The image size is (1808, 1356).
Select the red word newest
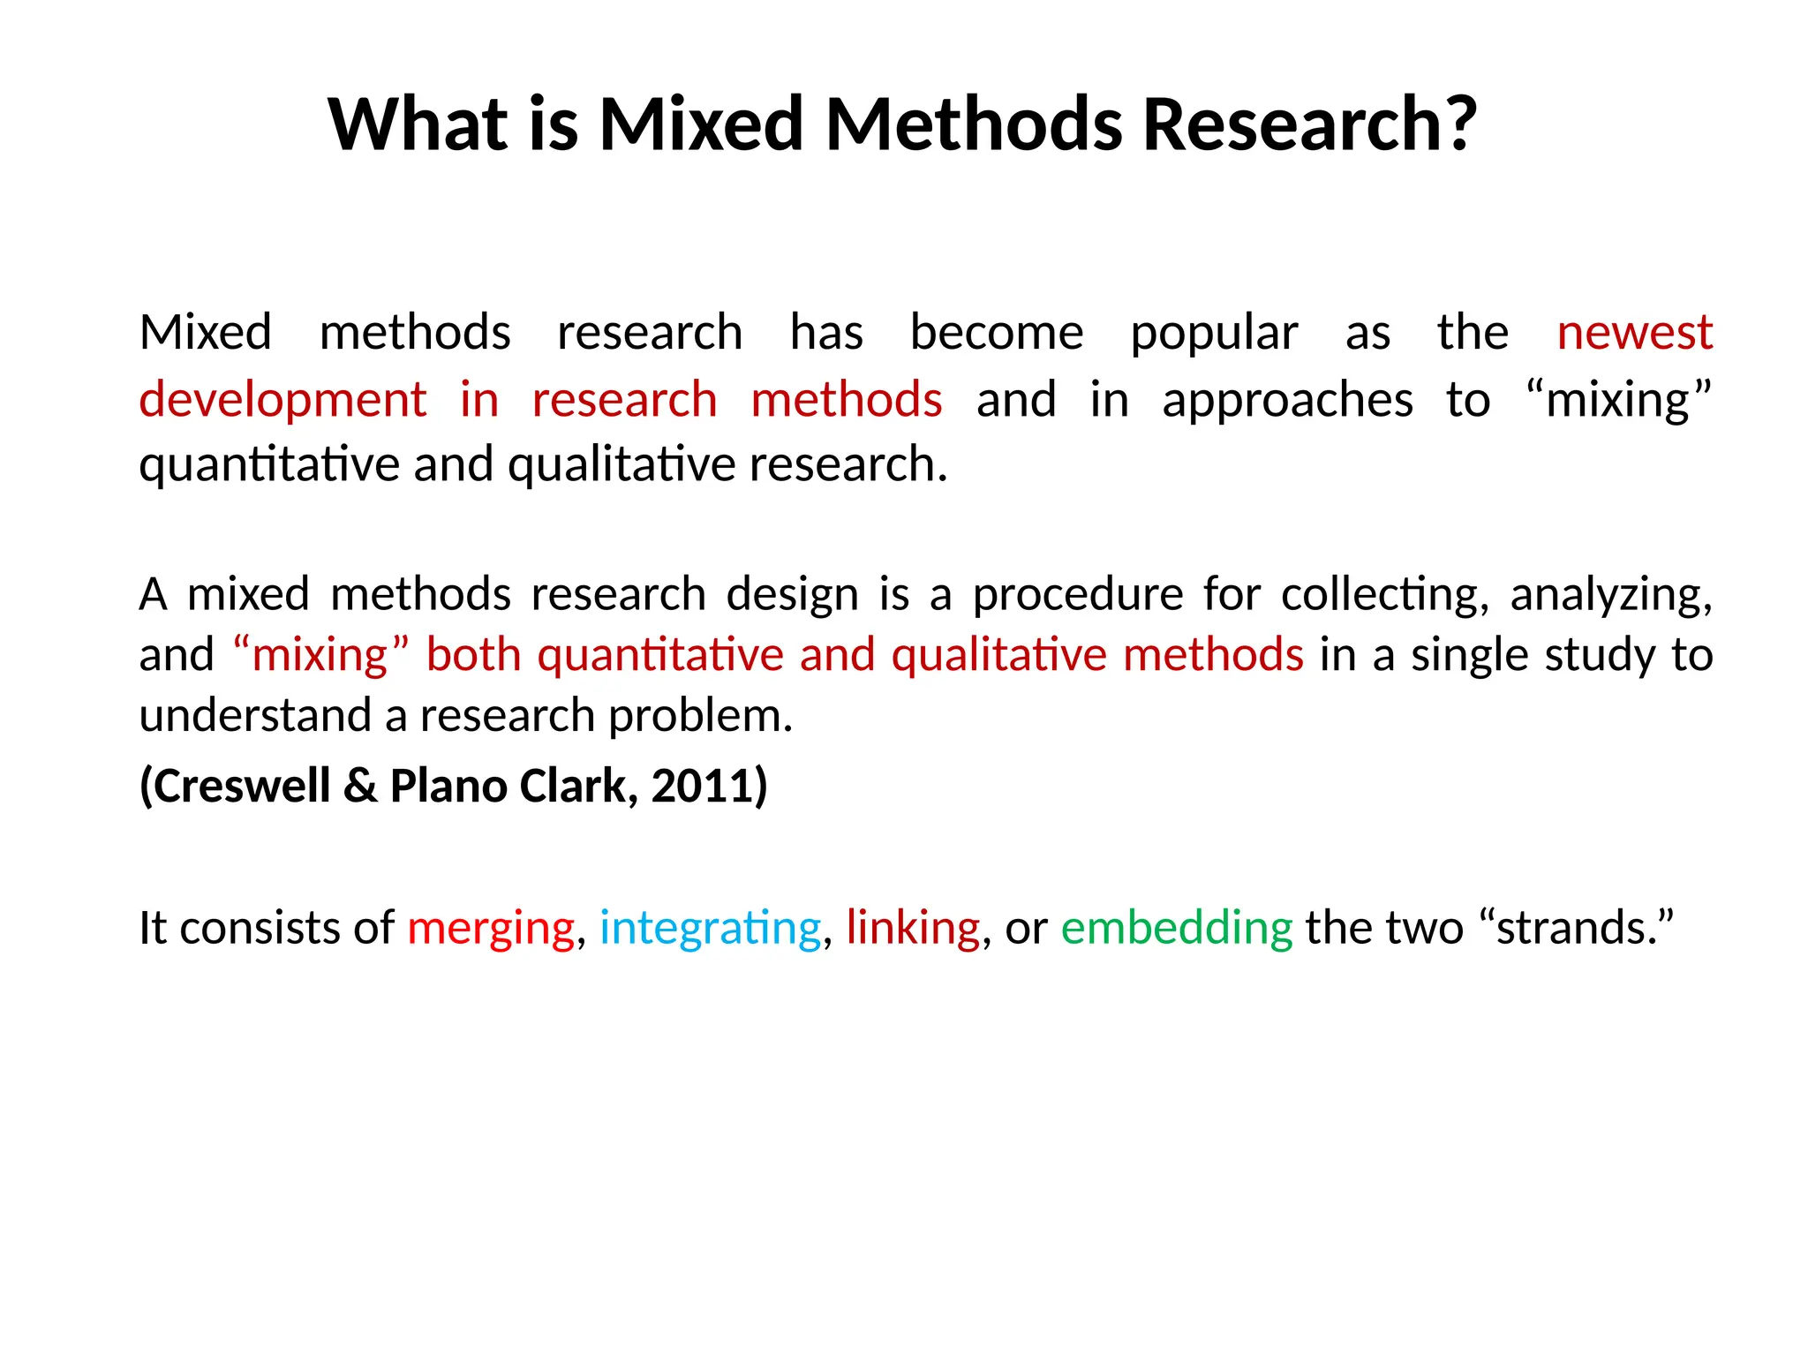[x=1634, y=334]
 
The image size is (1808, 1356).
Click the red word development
[x=282, y=400]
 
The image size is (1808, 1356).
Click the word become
[x=997, y=334]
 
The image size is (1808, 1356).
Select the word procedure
[x=1077, y=595]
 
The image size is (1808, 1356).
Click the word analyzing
[x=1610, y=595]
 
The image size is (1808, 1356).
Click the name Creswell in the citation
[x=237, y=786]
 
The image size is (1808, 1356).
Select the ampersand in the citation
[x=360, y=786]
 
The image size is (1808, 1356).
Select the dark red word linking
[x=913, y=928]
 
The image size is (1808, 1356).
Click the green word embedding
[x=1177, y=928]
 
